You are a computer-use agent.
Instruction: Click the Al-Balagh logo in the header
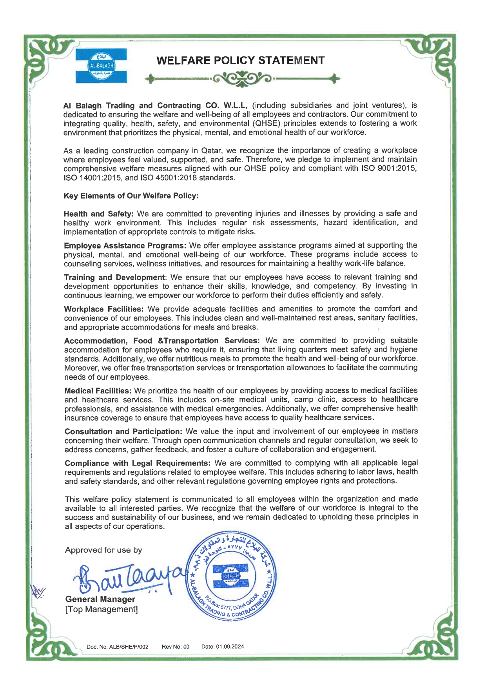[101, 65]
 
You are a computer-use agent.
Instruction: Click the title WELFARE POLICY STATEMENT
[240, 60]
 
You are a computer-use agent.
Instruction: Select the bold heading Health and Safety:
[99, 214]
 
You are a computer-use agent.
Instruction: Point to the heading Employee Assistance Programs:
[125, 246]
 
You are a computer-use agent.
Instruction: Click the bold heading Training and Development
[114, 277]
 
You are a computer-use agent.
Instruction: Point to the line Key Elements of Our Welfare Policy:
[131, 196]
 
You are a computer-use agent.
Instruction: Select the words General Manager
[100, 599]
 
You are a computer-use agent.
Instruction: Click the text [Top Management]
[101, 609]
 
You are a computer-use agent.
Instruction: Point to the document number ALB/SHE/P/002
[129, 647]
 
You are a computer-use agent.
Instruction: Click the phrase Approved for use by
[103, 550]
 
